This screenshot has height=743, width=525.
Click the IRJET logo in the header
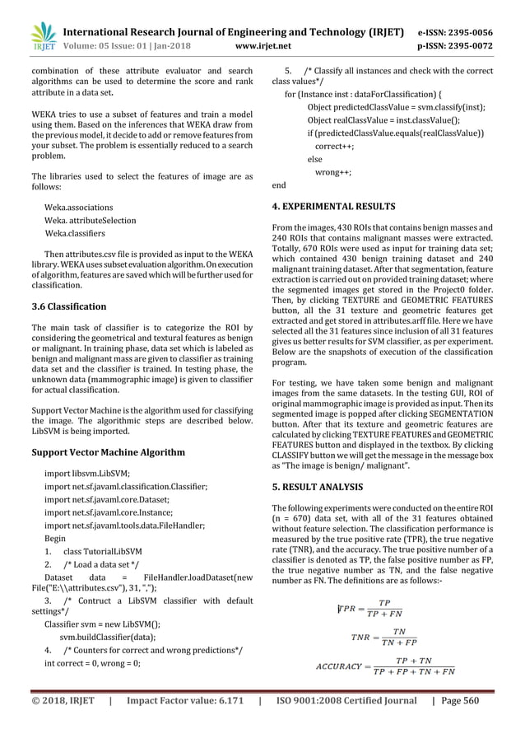coord(43,34)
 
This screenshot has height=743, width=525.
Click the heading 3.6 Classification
coord(73,306)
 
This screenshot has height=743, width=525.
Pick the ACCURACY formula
coord(385,666)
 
